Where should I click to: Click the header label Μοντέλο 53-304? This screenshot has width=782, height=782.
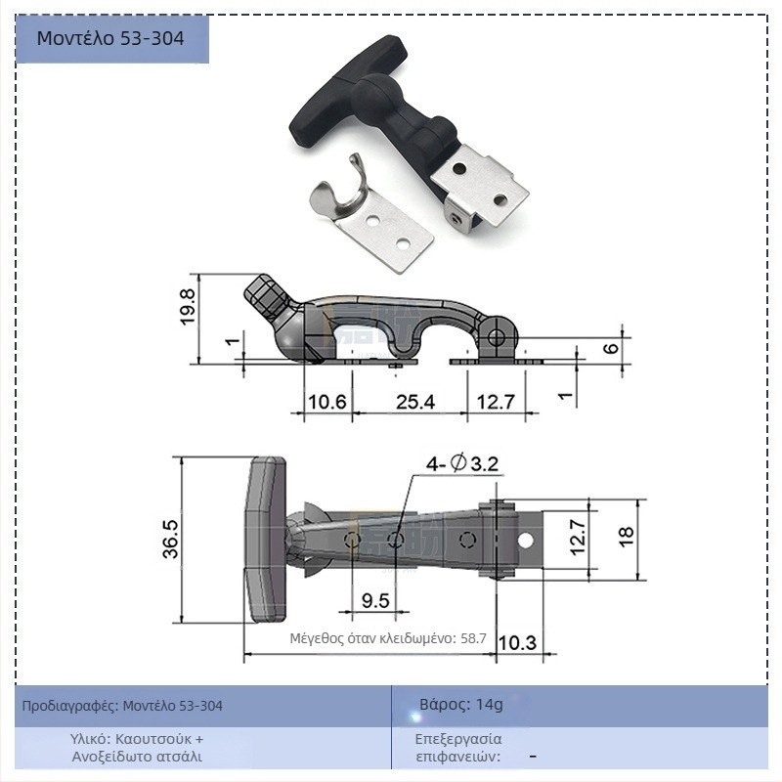click(110, 38)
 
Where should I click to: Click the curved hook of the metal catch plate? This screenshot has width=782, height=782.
click(339, 187)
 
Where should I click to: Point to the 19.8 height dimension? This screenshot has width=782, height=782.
click(188, 307)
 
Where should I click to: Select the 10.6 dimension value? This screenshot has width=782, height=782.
click(327, 402)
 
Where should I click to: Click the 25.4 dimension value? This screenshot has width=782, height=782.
click(415, 402)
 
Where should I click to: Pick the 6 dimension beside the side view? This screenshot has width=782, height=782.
click(611, 348)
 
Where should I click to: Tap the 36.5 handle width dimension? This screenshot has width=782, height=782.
click(171, 539)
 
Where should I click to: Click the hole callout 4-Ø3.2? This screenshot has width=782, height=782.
click(461, 463)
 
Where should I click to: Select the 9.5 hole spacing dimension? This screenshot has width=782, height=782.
click(375, 600)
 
